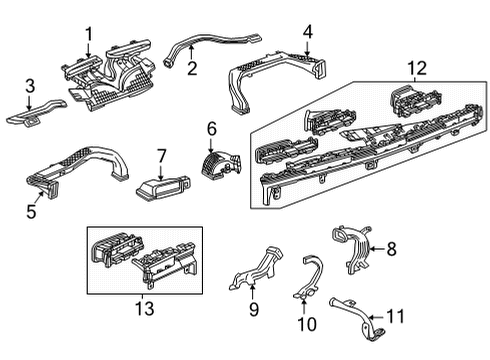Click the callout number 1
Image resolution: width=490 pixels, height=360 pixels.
tap(89, 35)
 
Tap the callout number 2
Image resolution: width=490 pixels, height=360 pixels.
tap(192, 68)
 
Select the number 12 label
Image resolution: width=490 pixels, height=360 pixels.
tap(417, 68)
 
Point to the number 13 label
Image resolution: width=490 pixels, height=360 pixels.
tap(145, 309)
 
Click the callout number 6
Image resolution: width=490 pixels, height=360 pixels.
tap(212, 129)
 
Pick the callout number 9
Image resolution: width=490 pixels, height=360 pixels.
tap(254, 309)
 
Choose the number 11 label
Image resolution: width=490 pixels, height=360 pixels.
tap(395, 316)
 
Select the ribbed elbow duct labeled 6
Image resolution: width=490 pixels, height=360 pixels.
tap(221, 164)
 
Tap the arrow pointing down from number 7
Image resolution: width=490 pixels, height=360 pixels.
tap(161, 172)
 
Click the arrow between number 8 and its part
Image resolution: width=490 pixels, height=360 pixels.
tap(377, 249)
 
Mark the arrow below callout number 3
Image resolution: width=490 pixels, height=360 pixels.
tap(29, 102)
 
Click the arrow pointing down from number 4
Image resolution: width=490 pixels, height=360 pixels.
tap(307, 47)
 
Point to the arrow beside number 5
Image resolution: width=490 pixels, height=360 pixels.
tap(40, 197)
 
